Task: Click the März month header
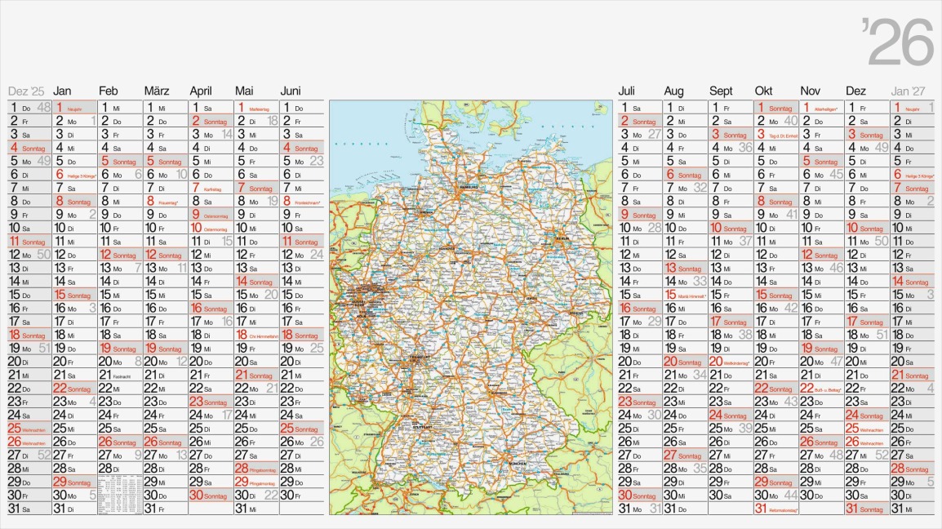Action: (x=157, y=91)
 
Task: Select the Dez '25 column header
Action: (x=26, y=91)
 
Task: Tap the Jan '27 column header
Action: (x=909, y=91)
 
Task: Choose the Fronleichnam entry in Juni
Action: (x=304, y=202)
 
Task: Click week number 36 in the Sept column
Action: (x=745, y=148)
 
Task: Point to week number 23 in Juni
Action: (x=317, y=161)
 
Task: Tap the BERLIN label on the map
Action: (x=562, y=238)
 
